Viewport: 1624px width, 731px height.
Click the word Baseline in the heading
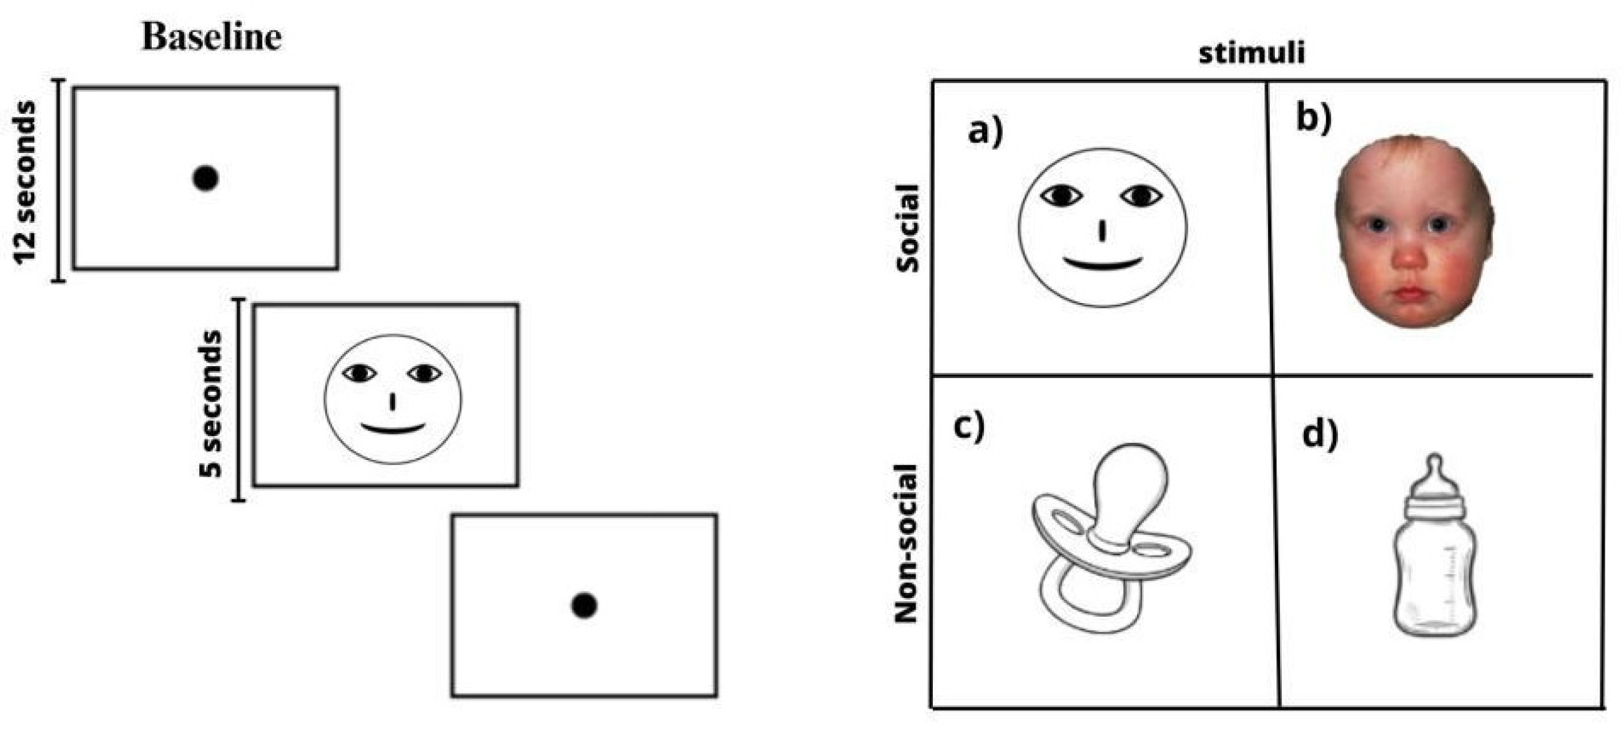coord(211,37)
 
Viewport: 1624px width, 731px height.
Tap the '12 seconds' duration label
coord(26,182)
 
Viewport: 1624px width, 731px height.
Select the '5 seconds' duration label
coord(210,404)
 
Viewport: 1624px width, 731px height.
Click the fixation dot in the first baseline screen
coord(205,179)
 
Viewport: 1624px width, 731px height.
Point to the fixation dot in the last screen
coord(584,605)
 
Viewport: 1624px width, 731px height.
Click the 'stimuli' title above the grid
coord(1251,53)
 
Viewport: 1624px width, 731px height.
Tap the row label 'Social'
coord(908,228)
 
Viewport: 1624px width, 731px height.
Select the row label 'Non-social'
coord(907,544)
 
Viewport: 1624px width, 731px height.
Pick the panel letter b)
coord(1314,119)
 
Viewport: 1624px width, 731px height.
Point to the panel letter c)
coord(969,426)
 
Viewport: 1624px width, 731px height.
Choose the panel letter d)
coord(1319,435)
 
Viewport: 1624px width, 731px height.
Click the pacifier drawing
coord(1110,536)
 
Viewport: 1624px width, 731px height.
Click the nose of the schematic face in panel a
coord(1102,231)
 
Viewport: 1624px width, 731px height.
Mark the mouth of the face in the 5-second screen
coord(393,429)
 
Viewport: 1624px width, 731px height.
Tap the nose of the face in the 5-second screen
coord(393,402)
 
